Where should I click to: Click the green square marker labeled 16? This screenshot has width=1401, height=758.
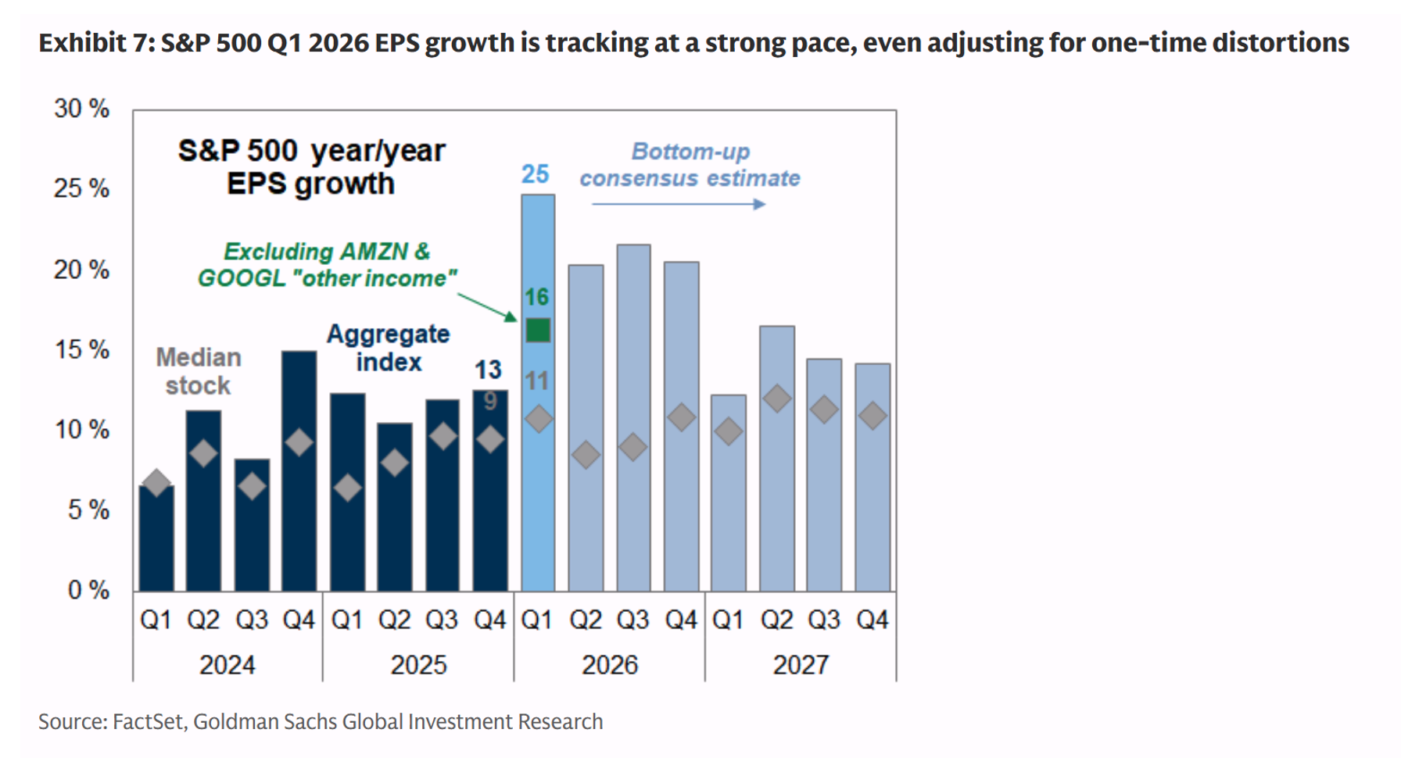[538, 330]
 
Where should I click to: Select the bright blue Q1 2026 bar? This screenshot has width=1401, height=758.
[538, 392]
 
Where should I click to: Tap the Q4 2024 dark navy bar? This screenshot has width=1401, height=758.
[299, 470]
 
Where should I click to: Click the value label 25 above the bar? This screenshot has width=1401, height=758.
[536, 173]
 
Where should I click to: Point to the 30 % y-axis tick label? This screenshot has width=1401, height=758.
[81, 109]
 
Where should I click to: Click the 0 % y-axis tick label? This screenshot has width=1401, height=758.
[88, 590]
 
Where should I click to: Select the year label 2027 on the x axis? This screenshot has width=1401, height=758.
[801, 665]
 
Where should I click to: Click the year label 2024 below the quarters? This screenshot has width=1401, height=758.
[227, 665]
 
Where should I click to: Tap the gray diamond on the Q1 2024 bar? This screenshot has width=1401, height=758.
[156, 482]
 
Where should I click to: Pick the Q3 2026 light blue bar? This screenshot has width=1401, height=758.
[633, 417]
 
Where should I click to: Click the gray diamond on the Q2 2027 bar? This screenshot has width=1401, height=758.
[777, 399]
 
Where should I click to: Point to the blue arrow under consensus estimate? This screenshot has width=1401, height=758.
[679, 204]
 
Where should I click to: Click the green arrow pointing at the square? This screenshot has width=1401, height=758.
[487, 307]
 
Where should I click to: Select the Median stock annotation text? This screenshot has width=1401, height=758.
[199, 371]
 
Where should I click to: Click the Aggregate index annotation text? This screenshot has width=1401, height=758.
[388, 348]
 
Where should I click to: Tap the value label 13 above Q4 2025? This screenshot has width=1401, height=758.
[488, 369]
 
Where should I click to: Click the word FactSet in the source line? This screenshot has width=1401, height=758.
[148, 721]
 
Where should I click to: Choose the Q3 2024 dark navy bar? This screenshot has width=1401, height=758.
[252, 524]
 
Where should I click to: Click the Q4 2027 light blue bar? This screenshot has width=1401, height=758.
[872, 477]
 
